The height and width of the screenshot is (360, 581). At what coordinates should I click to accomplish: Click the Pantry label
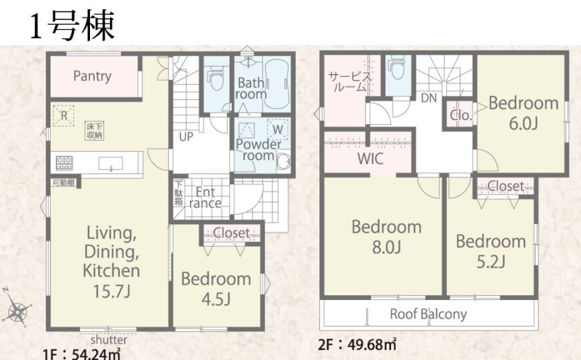click(x=92, y=76)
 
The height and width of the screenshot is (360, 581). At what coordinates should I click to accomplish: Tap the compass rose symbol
click(x=16, y=309)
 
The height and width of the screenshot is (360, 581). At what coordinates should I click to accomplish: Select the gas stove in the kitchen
click(x=65, y=163)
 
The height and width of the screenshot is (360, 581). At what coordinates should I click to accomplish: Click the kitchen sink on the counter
click(x=111, y=163)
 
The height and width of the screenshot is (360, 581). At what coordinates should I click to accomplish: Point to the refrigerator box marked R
click(x=63, y=116)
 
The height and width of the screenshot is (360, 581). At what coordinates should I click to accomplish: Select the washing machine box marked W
click(x=278, y=129)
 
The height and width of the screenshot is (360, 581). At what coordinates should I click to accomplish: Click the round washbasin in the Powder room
click(x=284, y=161)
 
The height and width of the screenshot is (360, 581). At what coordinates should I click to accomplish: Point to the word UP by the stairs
click(x=186, y=137)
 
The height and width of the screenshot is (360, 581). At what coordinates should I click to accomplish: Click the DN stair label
click(x=429, y=98)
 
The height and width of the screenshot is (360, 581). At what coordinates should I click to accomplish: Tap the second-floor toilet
click(x=397, y=68)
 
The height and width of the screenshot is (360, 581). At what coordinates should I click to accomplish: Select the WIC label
click(x=370, y=159)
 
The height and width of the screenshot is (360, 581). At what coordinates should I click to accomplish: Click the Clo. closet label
click(x=461, y=115)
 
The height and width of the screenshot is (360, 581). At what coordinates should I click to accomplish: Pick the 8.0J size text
click(x=386, y=247)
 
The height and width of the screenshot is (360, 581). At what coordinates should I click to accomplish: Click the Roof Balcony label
click(x=428, y=315)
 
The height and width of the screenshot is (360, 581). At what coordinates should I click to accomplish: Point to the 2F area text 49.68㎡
click(x=372, y=345)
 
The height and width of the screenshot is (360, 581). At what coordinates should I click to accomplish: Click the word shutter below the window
click(x=109, y=339)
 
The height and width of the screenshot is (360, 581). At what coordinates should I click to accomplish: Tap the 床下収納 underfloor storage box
click(x=94, y=131)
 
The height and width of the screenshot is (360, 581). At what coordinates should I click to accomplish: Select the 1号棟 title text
click(x=72, y=26)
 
